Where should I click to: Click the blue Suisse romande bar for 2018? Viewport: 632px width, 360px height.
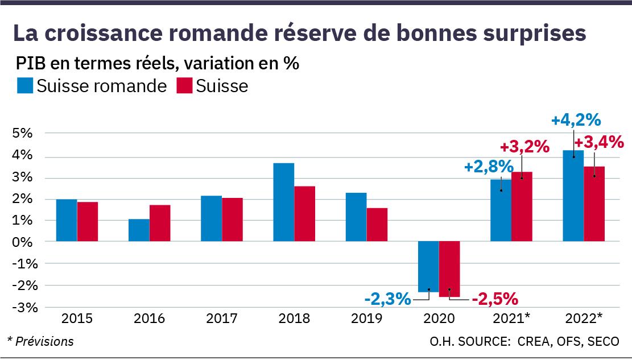coord(284,202)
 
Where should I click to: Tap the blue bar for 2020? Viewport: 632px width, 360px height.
coord(428,266)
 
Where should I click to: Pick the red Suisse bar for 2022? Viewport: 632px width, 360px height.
coord(594,204)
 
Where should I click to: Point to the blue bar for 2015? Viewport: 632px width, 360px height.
coord(67,221)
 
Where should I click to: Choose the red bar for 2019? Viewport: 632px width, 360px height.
coord(377,225)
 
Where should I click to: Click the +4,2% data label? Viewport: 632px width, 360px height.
coord(576,121)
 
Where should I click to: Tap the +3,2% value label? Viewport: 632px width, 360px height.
coord(524,147)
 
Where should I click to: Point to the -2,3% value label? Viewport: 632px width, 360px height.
coord(387,298)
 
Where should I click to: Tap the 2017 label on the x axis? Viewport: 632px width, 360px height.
coord(222,318)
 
